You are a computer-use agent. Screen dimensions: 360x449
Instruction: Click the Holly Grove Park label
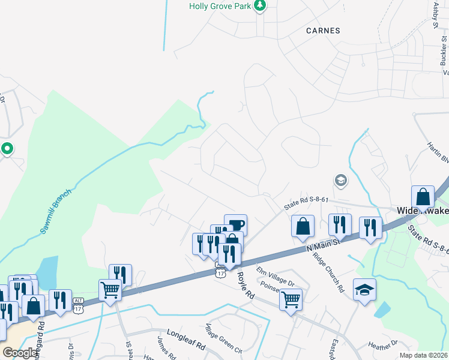219,6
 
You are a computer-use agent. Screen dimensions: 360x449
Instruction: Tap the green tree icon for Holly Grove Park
259,6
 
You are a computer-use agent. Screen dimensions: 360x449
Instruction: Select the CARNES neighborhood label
323,30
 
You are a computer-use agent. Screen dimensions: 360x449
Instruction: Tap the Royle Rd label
246,285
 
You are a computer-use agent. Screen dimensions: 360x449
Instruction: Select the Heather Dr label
383,345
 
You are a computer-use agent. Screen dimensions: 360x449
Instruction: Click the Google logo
20,353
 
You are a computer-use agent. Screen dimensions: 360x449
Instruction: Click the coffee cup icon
235,225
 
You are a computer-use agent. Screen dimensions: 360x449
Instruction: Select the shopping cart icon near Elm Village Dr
291,298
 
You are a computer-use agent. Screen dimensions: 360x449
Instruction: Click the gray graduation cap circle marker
341,180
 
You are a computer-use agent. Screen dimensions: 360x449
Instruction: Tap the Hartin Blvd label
437,154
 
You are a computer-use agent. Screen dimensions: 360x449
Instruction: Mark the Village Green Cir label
223,340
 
